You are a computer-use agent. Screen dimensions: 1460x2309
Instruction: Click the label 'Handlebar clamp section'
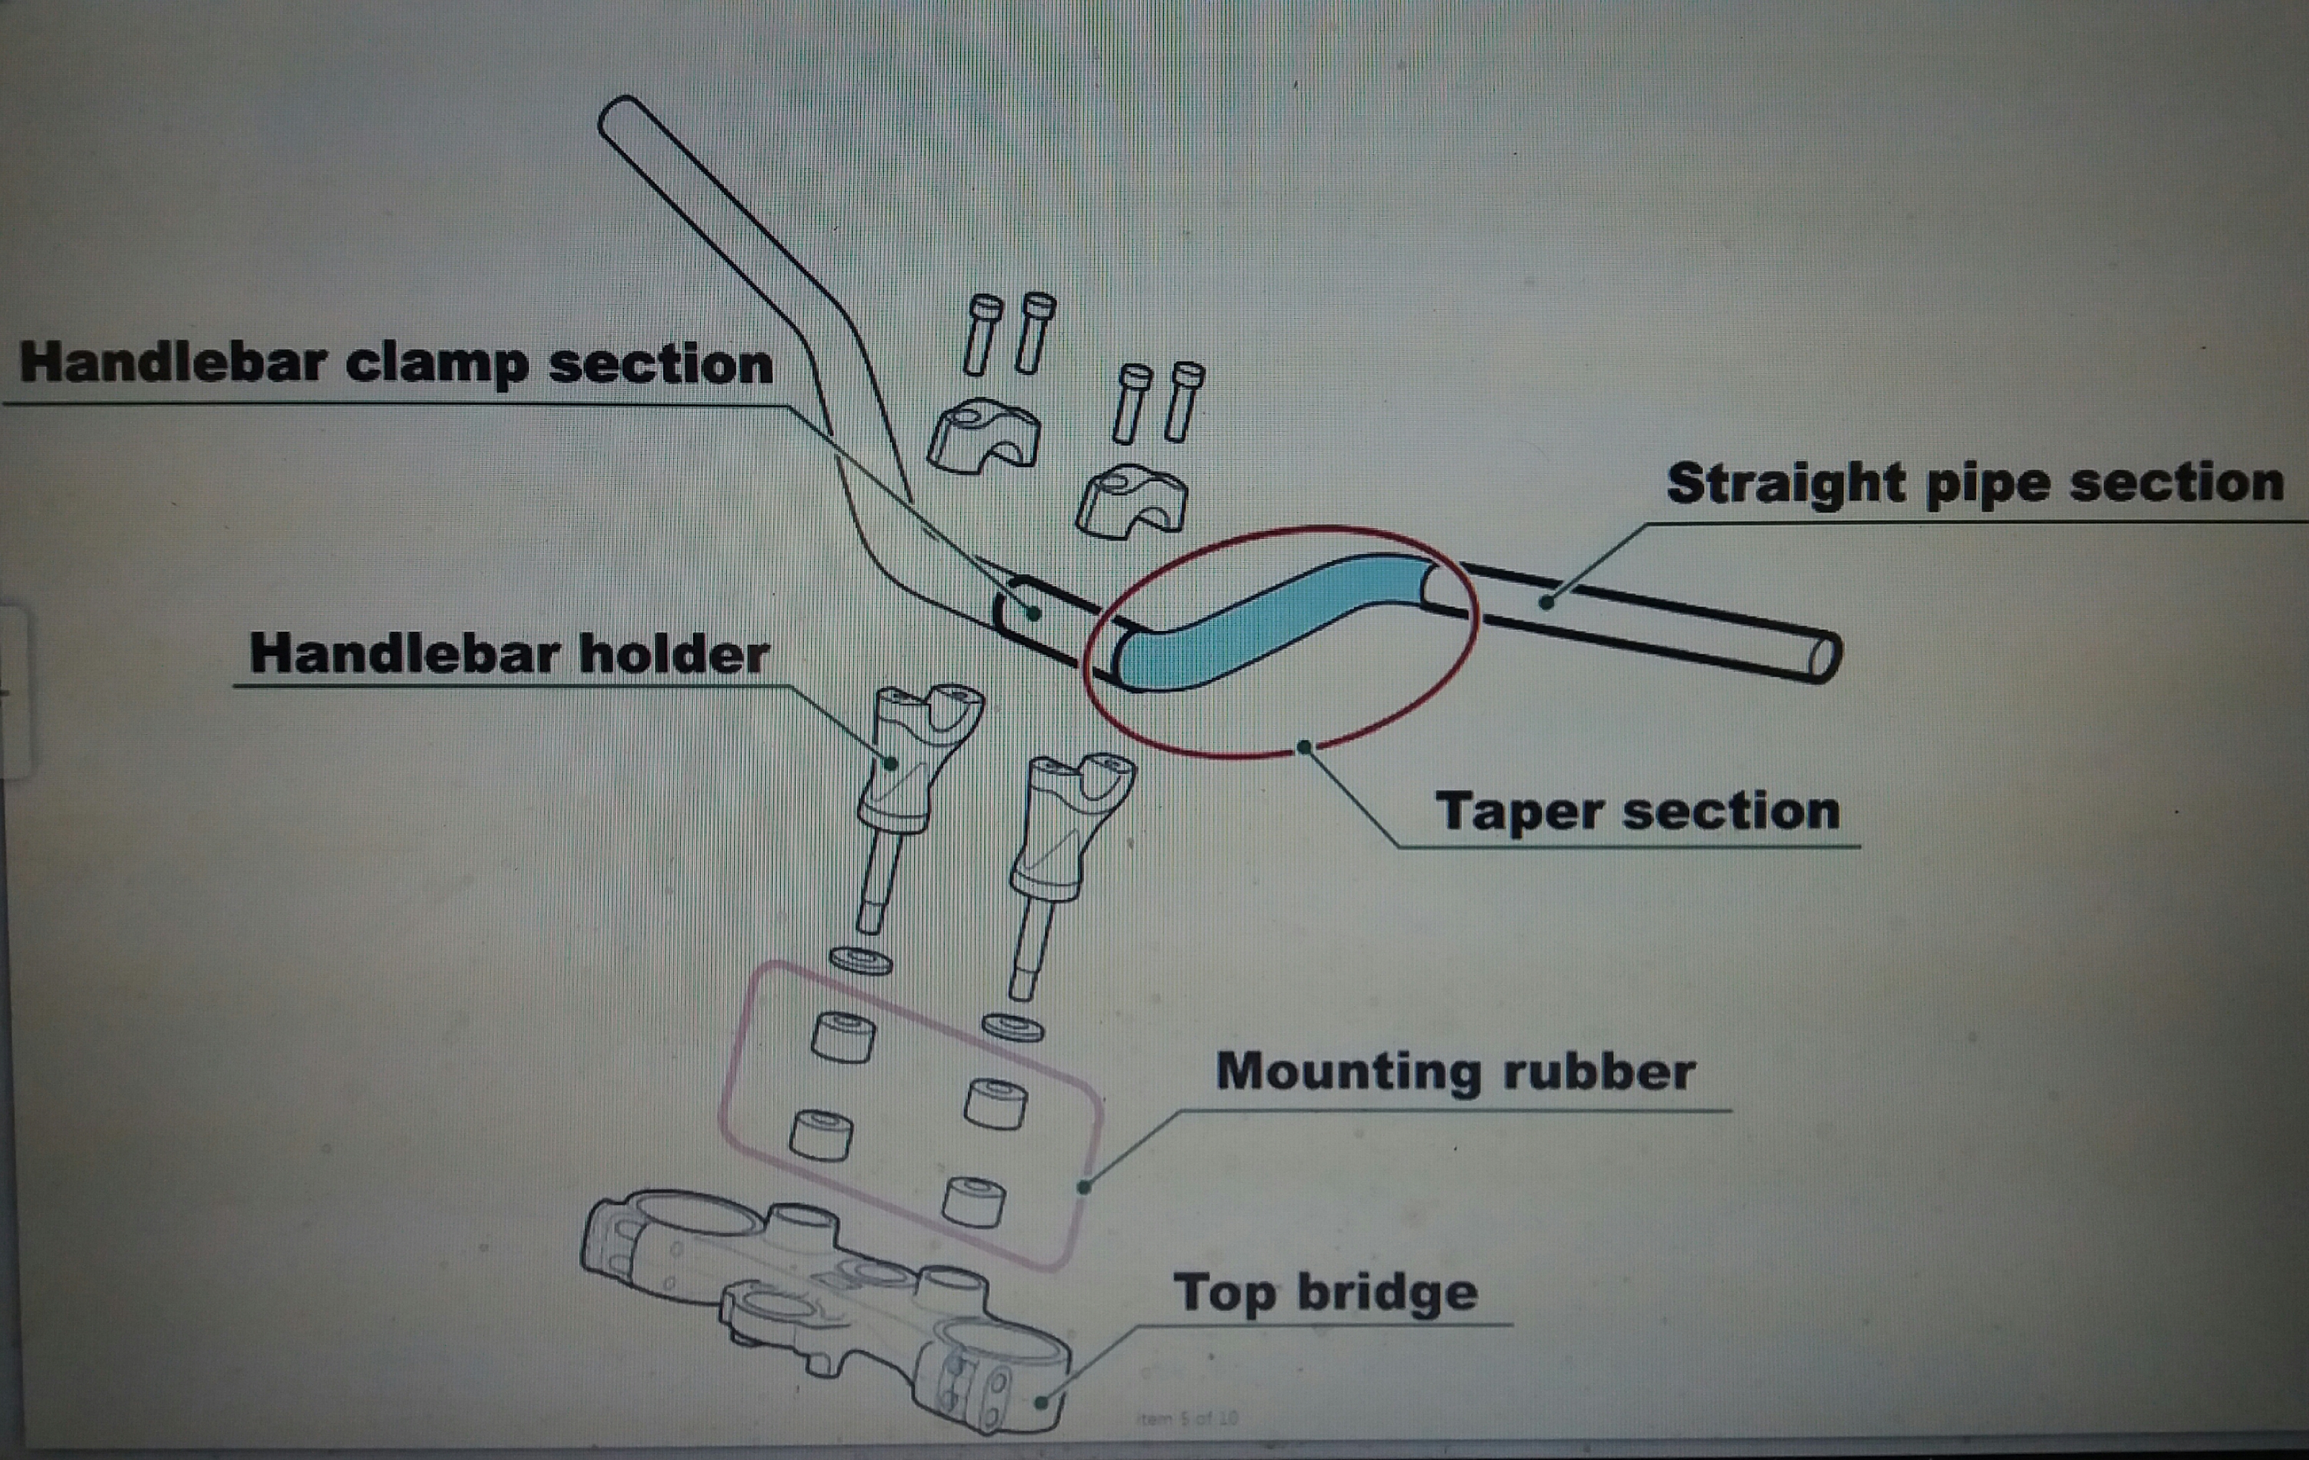coord(395,365)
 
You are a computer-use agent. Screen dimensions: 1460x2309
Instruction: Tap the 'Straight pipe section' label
coord(1976,483)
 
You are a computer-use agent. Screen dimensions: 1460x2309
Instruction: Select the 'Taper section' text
coord(1637,811)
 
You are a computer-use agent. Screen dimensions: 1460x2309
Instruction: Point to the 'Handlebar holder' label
coord(509,654)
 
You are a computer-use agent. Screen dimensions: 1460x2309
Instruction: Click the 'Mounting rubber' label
coord(1455,1071)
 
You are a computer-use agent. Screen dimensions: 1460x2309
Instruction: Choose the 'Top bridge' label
coord(1325,1292)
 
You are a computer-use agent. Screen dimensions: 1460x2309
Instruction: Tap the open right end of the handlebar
coord(1823,657)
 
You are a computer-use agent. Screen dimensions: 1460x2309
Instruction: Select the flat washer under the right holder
coord(1012,1028)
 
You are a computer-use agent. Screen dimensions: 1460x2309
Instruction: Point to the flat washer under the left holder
coord(860,959)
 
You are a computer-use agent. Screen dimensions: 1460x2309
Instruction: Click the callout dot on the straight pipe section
coord(1546,602)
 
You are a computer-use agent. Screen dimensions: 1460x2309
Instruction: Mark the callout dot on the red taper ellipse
coord(1304,746)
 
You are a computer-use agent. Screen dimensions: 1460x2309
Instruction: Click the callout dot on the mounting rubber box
coord(1083,1188)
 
